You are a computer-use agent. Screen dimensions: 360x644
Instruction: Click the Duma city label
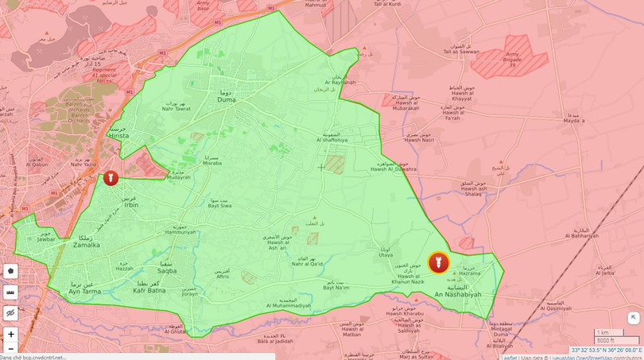[226, 102]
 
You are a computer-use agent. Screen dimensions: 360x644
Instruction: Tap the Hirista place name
[118, 136]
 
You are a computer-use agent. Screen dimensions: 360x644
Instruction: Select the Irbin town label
[130, 205]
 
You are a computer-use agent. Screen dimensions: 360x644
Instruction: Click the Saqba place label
[167, 271]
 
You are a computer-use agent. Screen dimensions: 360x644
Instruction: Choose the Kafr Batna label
[149, 291]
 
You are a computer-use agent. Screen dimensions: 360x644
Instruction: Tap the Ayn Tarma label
[86, 292]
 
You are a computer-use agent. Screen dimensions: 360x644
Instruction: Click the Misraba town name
[212, 162]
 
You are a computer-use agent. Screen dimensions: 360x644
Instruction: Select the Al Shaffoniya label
[332, 140]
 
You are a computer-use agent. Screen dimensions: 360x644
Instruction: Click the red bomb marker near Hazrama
[438, 263]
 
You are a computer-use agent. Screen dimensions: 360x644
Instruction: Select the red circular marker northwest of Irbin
[111, 178]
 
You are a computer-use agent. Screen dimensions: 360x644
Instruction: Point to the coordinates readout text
[606, 350]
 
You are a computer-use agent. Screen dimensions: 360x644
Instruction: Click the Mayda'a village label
[574, 122]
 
